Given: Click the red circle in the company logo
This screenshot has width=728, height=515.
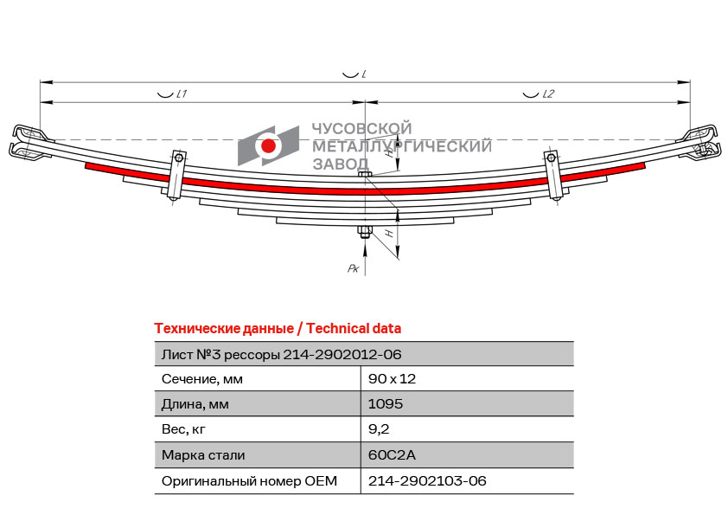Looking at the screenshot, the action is click(268, 145).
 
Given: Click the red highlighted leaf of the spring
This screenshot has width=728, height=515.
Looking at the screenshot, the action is click(366, 190).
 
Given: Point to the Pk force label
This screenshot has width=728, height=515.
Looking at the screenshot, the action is click(354, 268).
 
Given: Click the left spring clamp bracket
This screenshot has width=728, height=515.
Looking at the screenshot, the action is click(177, 175).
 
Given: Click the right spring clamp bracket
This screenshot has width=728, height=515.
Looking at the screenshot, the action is click(554, 175).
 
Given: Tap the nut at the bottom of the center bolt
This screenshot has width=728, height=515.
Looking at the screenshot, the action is click(365, 230).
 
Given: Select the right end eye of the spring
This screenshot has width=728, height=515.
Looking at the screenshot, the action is click(701, 142).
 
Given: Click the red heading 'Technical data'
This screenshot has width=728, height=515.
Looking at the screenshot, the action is click(354, 329).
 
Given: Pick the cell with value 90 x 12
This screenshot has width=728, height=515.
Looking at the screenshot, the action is click(392, 379).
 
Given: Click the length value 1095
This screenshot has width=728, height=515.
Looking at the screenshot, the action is click(386, 404).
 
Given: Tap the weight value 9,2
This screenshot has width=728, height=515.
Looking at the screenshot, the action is click(379, 429).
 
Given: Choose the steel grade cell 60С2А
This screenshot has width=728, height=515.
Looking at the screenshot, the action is click(392, 454).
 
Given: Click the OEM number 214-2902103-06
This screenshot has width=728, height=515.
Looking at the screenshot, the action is click(427, 480).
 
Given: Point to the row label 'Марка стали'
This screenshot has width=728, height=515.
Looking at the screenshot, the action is click(203, 455).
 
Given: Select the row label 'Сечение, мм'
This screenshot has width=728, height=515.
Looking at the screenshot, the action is click(202, 379).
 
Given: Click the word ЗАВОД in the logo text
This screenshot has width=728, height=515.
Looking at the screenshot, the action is click(341, 164).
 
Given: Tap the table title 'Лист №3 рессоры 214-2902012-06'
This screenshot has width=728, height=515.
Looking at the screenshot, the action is click(281, 355).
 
